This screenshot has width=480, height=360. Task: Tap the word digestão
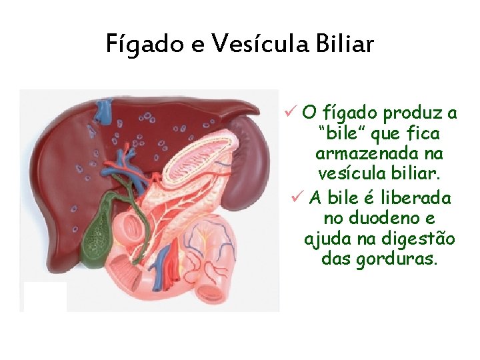[417, 239]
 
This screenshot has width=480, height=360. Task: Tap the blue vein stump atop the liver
[103, 111]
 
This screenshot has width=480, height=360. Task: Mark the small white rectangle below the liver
[45, 296]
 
